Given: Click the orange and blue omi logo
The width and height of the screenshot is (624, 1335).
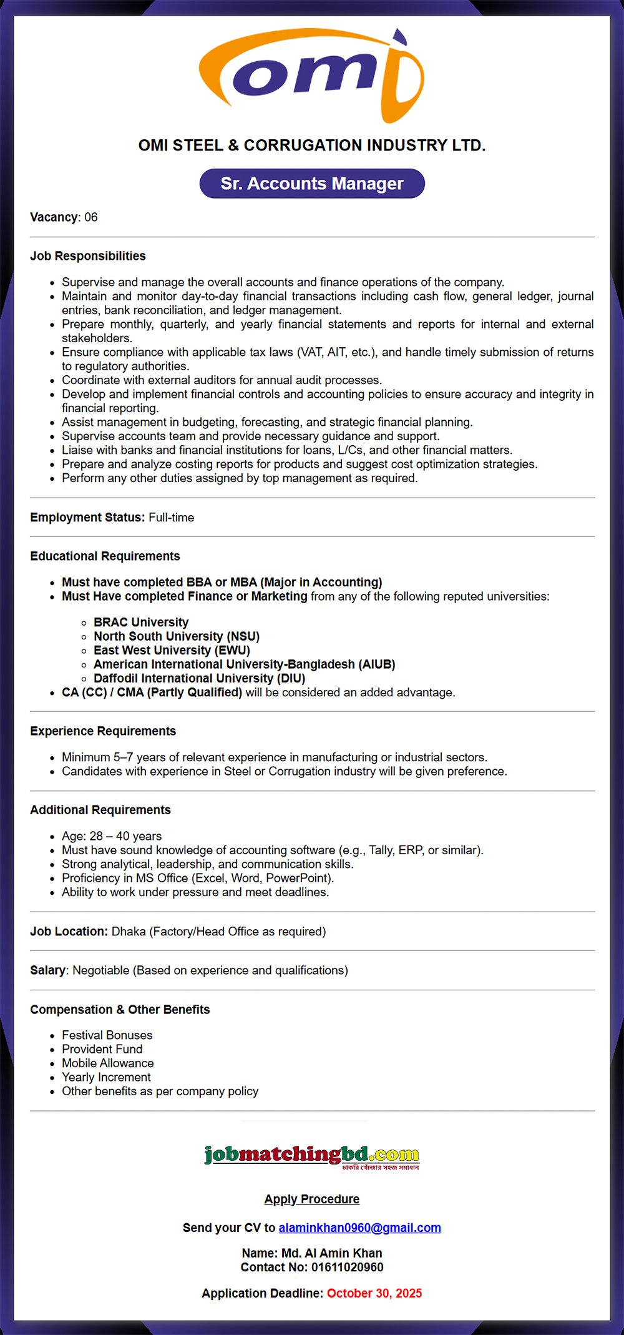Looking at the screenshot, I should (311, 76).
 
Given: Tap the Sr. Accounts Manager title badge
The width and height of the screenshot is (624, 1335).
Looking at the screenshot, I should (312, 184).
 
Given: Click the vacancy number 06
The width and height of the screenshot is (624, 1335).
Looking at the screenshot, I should (91, 217).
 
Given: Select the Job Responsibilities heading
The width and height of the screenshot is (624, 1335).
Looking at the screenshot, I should (88, 256).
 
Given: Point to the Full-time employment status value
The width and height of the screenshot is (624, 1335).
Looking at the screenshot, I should (171, 518).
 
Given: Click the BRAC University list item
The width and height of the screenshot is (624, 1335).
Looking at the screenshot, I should (141, 623).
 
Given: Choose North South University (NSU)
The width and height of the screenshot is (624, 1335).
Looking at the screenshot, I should (177, 636).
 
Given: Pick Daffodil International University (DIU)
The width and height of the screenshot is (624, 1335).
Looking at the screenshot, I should (199, 678).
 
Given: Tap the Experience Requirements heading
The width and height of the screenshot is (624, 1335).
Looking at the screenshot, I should (103, 731).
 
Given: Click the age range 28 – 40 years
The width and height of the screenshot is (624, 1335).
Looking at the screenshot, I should (125, 836).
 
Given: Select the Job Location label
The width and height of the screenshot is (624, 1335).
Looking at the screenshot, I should (69, 932).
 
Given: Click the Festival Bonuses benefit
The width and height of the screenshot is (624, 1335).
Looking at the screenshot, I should (107, 1035).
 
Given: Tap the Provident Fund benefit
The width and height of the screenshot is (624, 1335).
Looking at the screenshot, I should (102, 1049).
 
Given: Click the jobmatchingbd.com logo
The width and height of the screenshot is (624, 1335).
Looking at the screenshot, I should (312, 1156).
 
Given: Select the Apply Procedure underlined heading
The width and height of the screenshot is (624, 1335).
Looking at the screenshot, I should (312, 1199).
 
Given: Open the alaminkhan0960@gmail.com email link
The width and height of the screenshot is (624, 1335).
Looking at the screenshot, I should (359, 1228).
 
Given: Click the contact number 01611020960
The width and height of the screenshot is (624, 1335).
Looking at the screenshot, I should (348, 1267).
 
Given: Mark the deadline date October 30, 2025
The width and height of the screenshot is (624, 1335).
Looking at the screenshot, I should (374, 1293).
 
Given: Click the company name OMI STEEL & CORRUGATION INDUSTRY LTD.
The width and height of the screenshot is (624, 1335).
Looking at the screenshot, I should (312, 145).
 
